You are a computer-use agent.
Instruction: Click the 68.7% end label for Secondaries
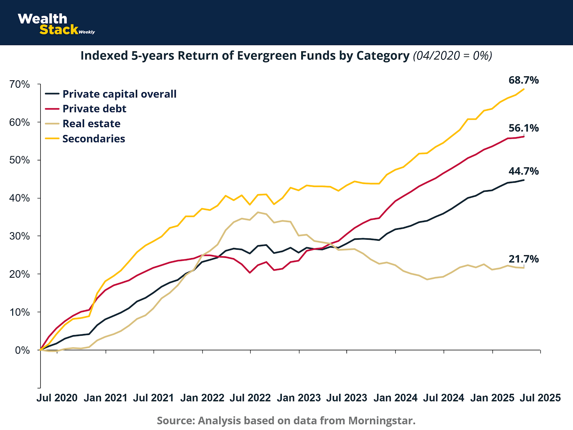[523, 80]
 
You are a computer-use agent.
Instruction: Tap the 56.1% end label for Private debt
[523, 128]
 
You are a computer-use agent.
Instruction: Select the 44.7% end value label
[523, 171]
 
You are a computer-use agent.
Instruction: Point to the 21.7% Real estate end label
[523, 259]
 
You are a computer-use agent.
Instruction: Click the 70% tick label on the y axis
[20, 85]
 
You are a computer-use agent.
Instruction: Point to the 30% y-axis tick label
[20, 236]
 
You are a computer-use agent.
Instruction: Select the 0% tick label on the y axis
[22, 350]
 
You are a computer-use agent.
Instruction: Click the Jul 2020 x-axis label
[57, 398]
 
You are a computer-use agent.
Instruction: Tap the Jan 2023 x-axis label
[299, 398]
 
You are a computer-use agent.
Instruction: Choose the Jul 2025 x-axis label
[540, 398]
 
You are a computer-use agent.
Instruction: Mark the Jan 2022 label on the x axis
[202, 398]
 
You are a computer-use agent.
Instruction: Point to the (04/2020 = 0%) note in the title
[452, 56]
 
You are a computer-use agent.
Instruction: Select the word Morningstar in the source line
[381, 420]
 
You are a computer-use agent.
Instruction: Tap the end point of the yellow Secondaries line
[524, 89]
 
